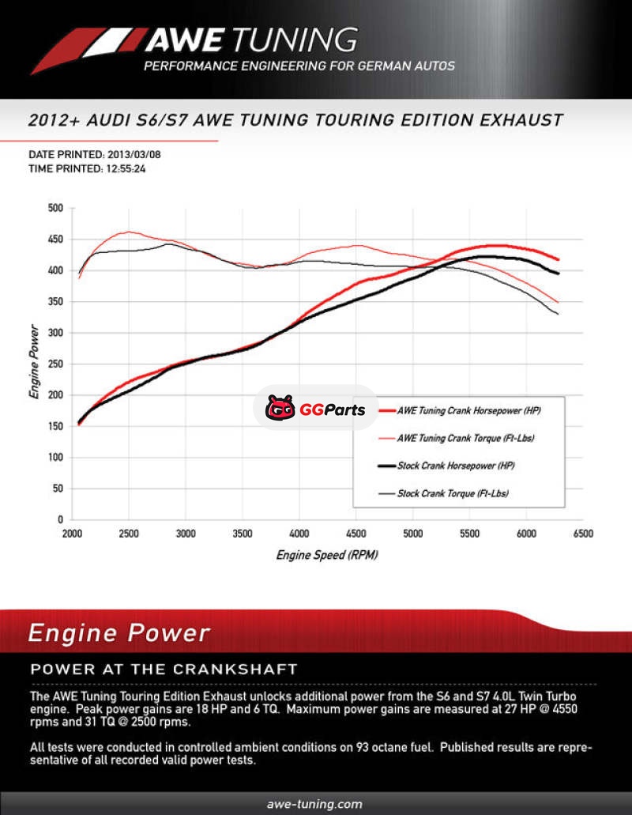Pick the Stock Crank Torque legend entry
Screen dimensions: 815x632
point(453,493)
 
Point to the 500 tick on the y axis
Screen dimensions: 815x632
point(55,208)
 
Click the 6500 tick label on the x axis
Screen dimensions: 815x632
point(583,534)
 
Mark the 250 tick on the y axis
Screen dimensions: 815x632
point(55,364)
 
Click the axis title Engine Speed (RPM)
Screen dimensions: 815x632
point(326,555)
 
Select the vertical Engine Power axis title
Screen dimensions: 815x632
point(34,364)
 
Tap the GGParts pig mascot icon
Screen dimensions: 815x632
point(280,408)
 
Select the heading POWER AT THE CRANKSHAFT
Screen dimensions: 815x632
point(164,669)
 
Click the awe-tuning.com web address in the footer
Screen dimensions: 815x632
point(315,804)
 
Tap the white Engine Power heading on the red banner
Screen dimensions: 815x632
point(119,632)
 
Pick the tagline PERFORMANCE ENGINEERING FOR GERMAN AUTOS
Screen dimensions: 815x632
point(299,66)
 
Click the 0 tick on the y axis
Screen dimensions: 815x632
point(59,519)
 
